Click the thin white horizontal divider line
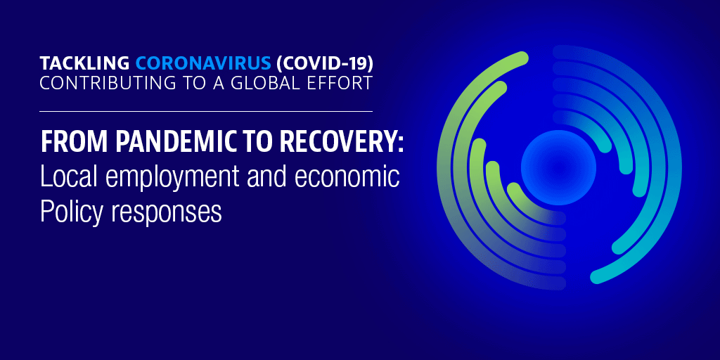(206, 111)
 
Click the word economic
(347, 177)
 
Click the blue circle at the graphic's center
(558, 167)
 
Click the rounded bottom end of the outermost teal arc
(596, 278)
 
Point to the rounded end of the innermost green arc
(513, 188)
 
